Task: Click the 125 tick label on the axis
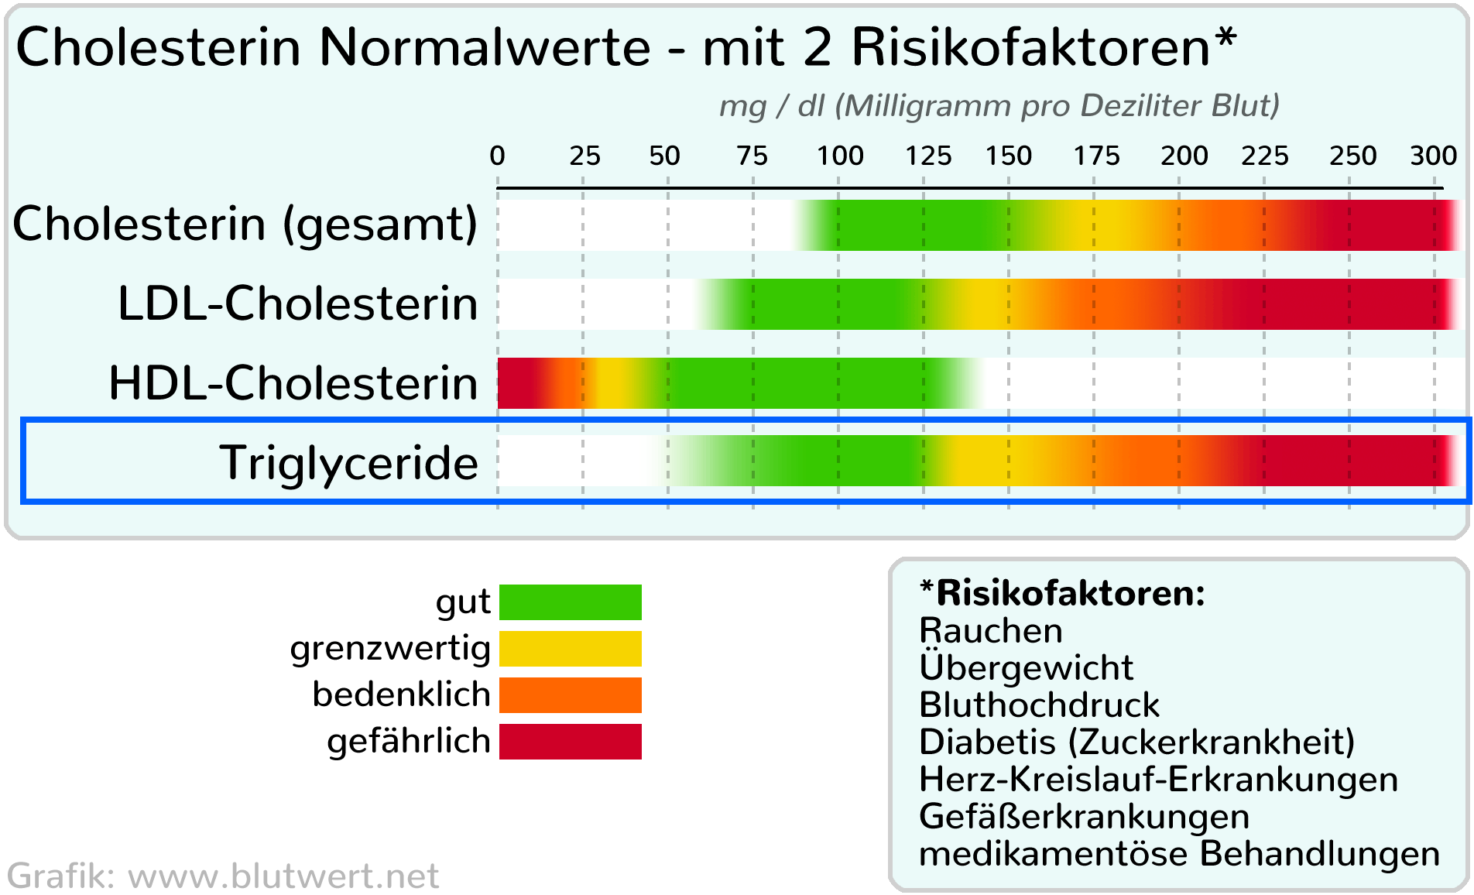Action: (928, 156)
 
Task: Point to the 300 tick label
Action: (1434, 156)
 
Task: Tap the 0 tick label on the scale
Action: (497, 156)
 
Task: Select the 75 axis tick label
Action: (752, 156)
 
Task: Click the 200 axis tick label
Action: (1184, 156)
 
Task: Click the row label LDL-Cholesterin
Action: (298, 303)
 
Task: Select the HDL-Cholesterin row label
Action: (293, 383)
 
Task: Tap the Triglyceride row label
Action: (348, 463)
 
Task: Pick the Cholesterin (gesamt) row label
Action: (245, 225)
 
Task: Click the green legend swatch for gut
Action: (571, 602)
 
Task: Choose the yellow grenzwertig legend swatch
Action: (571, 649)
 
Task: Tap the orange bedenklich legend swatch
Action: (571, 695)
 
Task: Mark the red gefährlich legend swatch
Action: (571, 742)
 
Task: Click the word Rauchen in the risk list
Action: (990, 631)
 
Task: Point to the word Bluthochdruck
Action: (1039, 705)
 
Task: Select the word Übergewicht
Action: (1026, 667)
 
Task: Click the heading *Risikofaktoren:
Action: (1062, 594)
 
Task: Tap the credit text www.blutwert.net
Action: (283, 876)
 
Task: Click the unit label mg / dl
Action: (772, 106)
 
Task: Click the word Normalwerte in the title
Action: (485, 48)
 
